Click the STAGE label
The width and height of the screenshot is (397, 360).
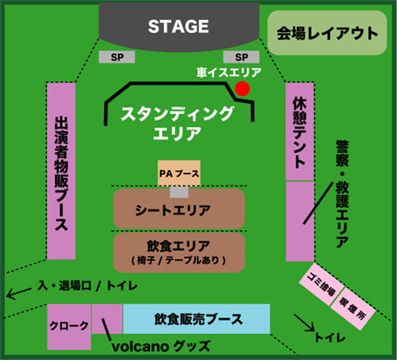point(178,26)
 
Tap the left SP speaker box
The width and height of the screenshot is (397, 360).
point(116,57)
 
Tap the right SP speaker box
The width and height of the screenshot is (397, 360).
point(241,57)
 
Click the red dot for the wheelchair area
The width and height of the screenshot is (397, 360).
point(243,89)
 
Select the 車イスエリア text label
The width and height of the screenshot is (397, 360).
point(228,72)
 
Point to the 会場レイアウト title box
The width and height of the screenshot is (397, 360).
point(327,33)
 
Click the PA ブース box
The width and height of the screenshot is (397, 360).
point(179,173)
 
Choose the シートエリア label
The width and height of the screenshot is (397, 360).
point(173,211)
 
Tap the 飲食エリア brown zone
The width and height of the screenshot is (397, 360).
point(179,252)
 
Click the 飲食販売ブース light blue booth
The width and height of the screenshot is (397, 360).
point(196,319)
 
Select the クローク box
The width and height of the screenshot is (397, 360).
point(69,327)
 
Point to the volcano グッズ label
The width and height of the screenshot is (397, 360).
point(161,347)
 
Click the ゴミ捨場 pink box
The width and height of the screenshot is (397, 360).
point(322,284)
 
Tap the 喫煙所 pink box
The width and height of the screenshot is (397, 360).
point(353,308)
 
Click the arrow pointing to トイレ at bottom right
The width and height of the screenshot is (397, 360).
point(304,323)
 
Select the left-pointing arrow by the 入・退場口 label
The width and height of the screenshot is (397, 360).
point(19,293)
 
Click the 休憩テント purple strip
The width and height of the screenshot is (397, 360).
point(300,131)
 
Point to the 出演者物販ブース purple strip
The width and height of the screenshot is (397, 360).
point(61,171)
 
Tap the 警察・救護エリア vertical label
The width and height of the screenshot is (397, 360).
point(343,194)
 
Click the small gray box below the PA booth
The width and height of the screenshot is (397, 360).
point(179,192)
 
